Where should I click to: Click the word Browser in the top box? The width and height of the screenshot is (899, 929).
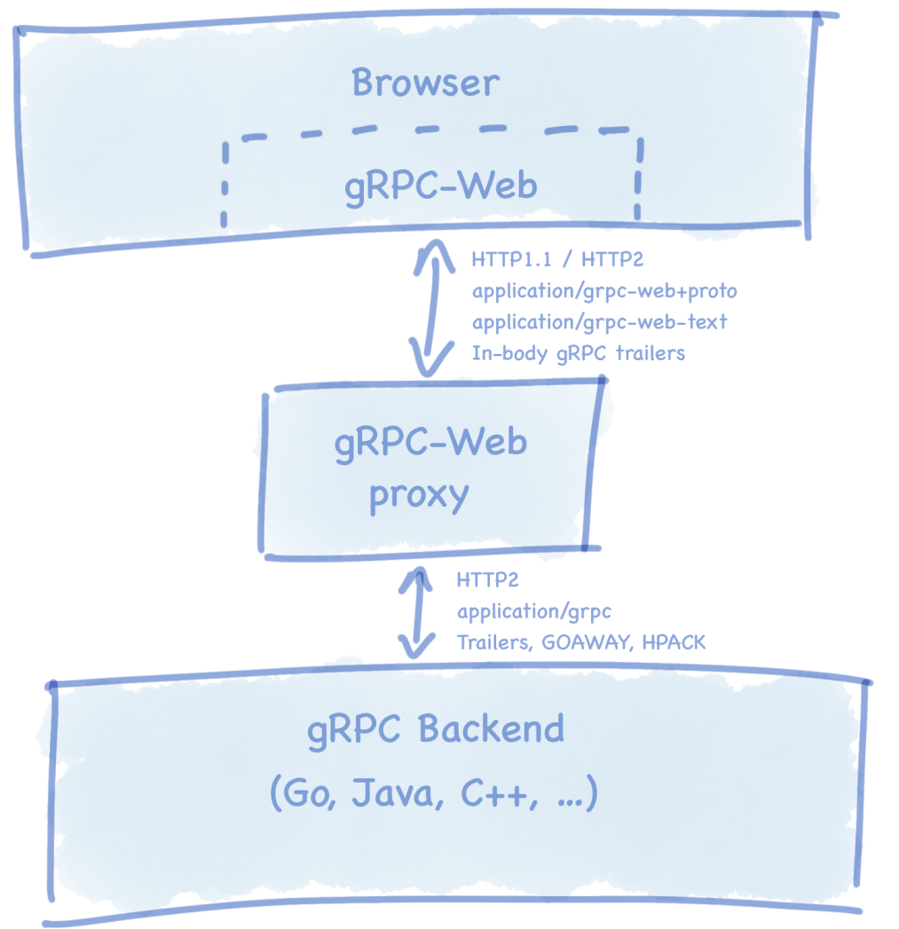point(425,83)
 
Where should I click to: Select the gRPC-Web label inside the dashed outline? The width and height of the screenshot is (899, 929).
point(441,186)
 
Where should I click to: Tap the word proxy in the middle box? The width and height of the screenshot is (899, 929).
point(419,496)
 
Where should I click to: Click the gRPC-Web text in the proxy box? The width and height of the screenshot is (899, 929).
point(430,442)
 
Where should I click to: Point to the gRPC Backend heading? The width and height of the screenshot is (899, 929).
point(436,729)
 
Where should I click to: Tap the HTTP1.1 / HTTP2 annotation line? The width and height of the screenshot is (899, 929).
point(557,260)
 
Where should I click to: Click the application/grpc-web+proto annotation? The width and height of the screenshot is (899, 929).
point(603,291)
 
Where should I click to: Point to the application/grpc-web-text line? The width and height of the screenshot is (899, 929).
point(599,321)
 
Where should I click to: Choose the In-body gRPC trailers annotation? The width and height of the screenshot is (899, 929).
point(578,352)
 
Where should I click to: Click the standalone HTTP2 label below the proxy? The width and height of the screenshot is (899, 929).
point(487,580)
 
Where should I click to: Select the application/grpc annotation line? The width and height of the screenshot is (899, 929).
point(534,611)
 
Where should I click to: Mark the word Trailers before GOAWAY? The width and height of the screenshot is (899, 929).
point(492,642)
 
